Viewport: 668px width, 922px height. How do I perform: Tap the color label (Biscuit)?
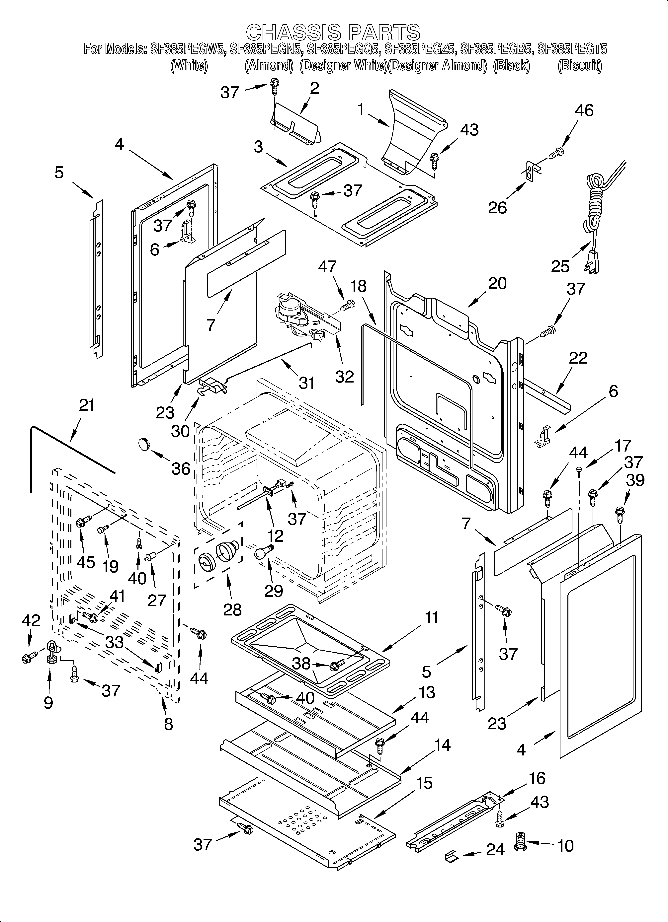[580, 65]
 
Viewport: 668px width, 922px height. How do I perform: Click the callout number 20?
[497, 283]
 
